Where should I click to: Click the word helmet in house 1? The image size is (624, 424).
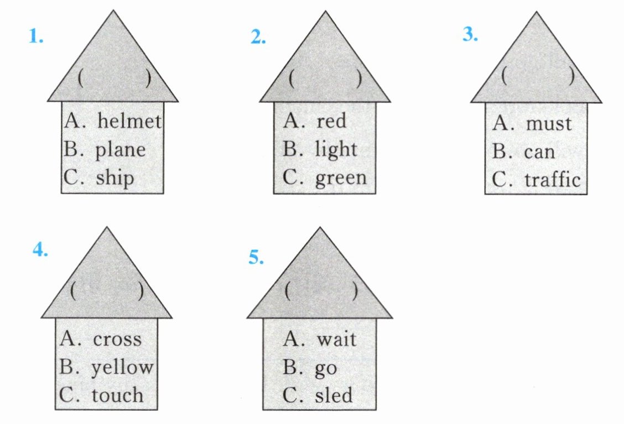[129, 122]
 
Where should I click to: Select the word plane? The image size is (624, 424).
[120, 150]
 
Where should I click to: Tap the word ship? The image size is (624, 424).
[115, 179]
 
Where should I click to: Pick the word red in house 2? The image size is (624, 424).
[331, 121]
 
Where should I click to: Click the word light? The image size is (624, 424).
[336, 149]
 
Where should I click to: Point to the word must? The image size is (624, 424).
[548, 123]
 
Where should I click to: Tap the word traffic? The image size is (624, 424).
[552, 179]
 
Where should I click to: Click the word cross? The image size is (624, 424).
[117, 339]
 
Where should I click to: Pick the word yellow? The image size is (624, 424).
[122, 368]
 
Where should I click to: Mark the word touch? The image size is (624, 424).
[117, 395]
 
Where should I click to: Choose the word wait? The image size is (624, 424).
[336, 338]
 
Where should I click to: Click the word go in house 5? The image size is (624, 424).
[326, 368]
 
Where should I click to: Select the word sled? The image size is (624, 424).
[334, 395]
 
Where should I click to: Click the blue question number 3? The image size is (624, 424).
[470, 34]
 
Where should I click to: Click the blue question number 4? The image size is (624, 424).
[40, 250]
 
